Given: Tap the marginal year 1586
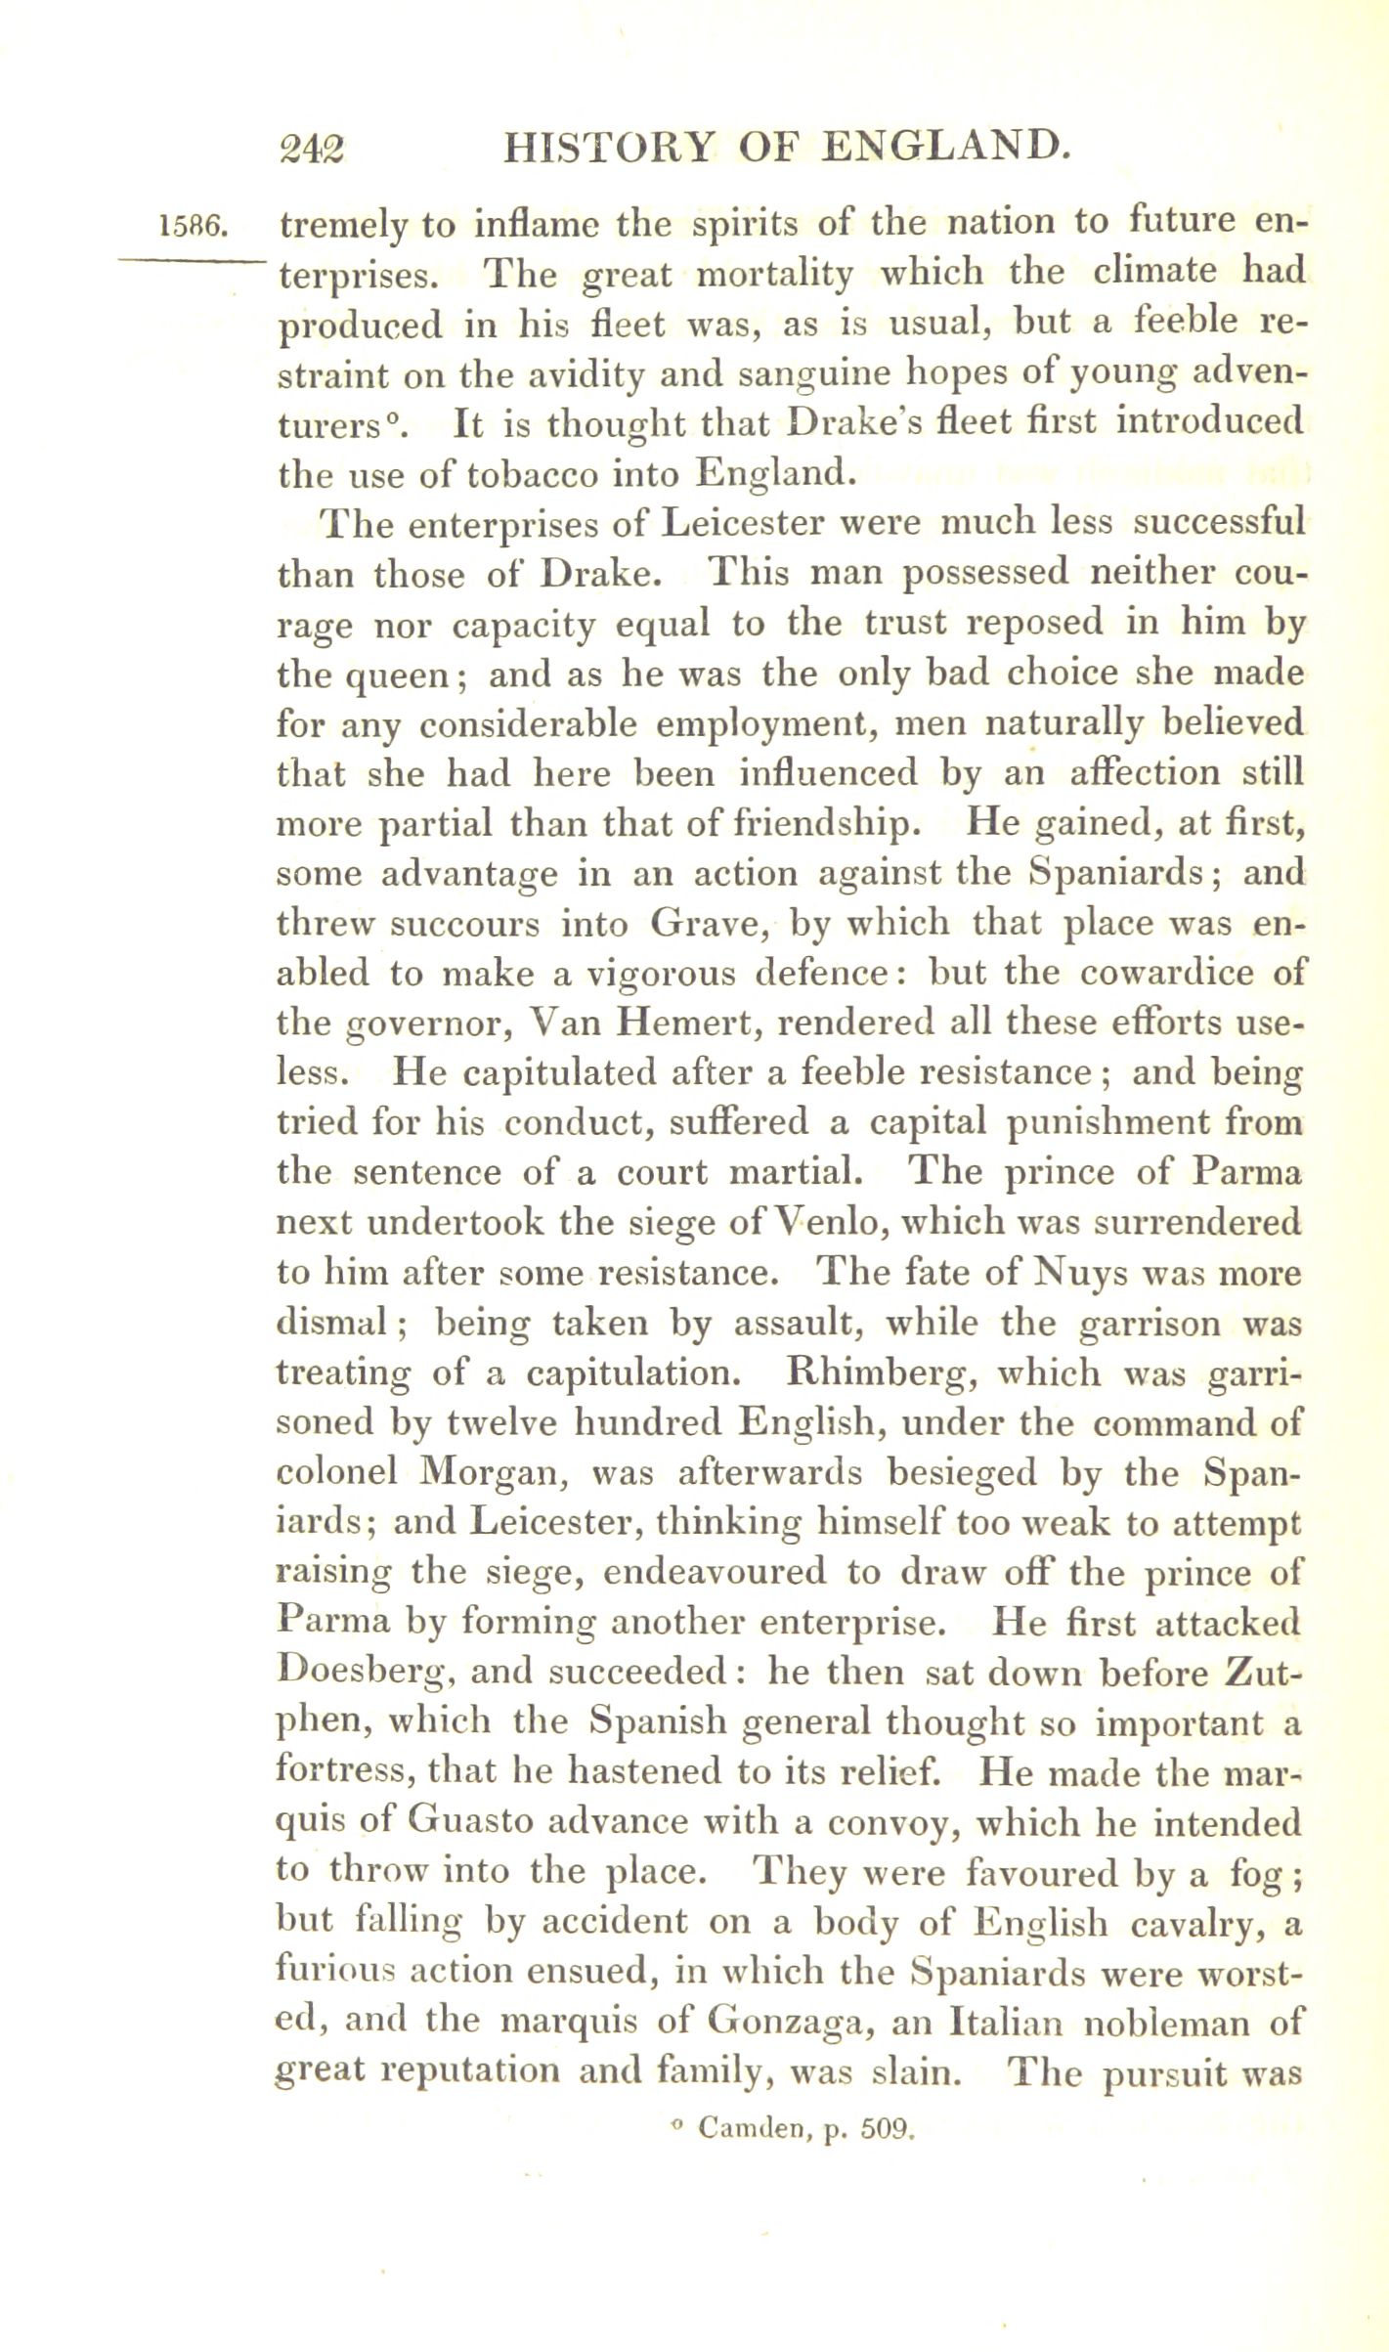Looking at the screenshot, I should (193, 228).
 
